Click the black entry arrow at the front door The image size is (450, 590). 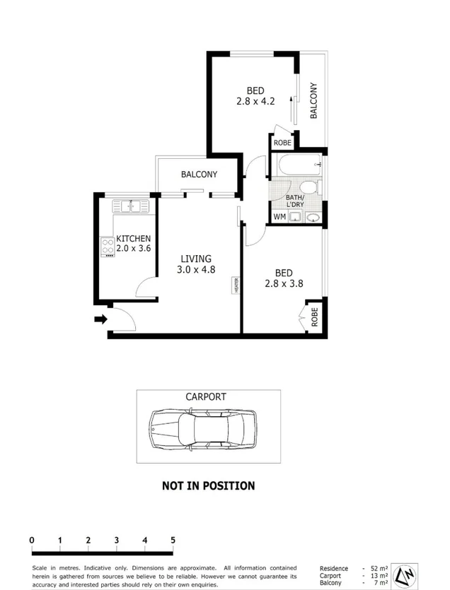(100, 319)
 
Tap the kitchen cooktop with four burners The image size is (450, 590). (108, 247)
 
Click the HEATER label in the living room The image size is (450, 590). (236, 285)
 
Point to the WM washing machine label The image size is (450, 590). (279, 217)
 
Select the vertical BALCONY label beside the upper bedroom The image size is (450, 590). (313, 101)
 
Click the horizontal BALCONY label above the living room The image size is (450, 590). (199, 175)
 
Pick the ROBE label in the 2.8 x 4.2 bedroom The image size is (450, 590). (282, 143)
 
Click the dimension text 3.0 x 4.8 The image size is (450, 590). (195, 269)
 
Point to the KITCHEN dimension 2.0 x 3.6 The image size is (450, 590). (133, 249)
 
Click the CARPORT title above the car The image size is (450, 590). (206, 397)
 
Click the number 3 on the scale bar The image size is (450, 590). (116, 541)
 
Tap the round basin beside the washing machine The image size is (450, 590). (311, 217)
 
